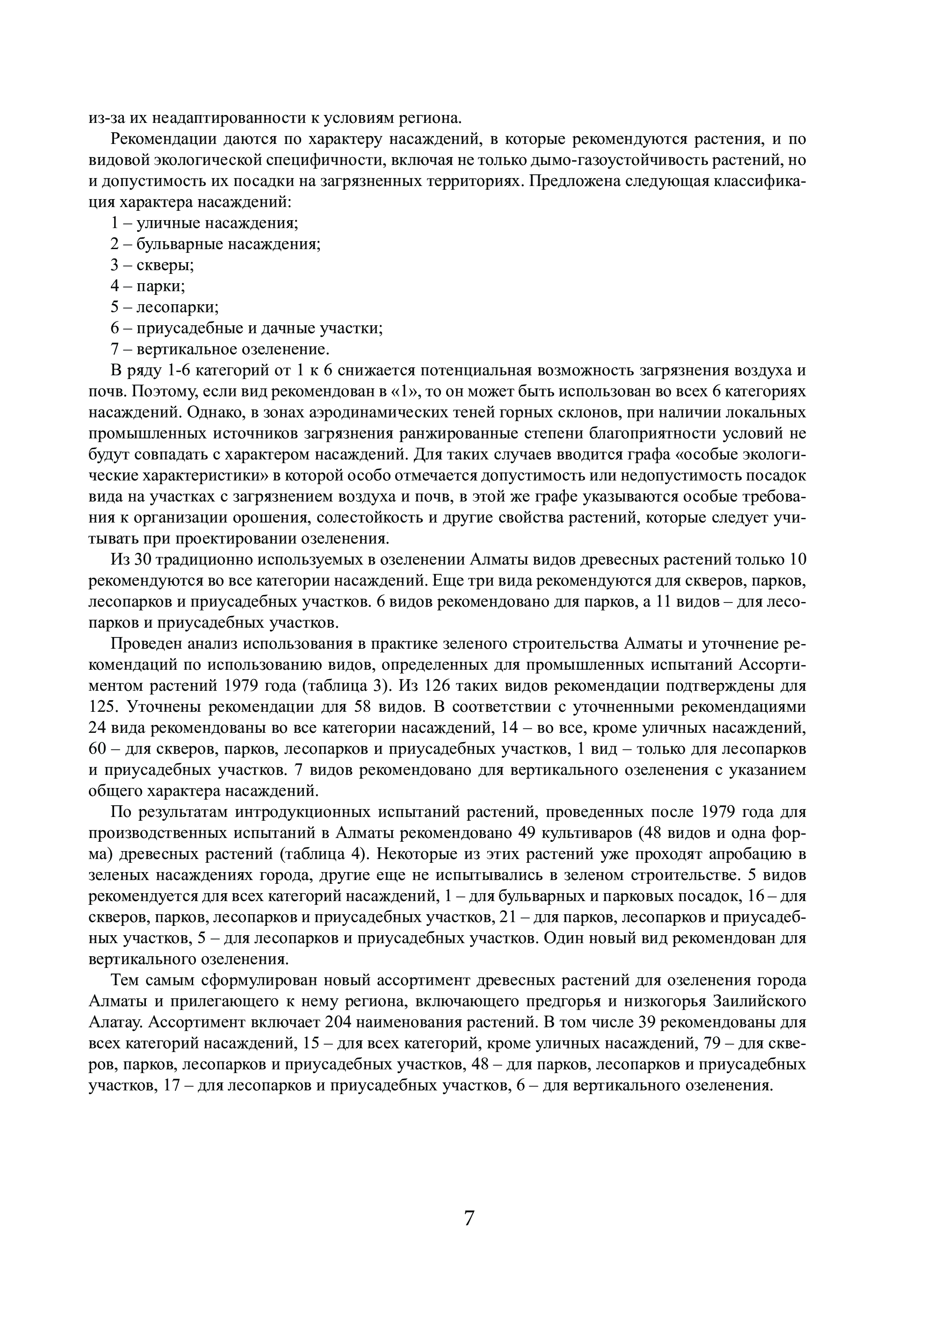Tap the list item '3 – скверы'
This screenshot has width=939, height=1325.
point(152,265)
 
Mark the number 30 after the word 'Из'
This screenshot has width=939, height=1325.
point(142,559)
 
